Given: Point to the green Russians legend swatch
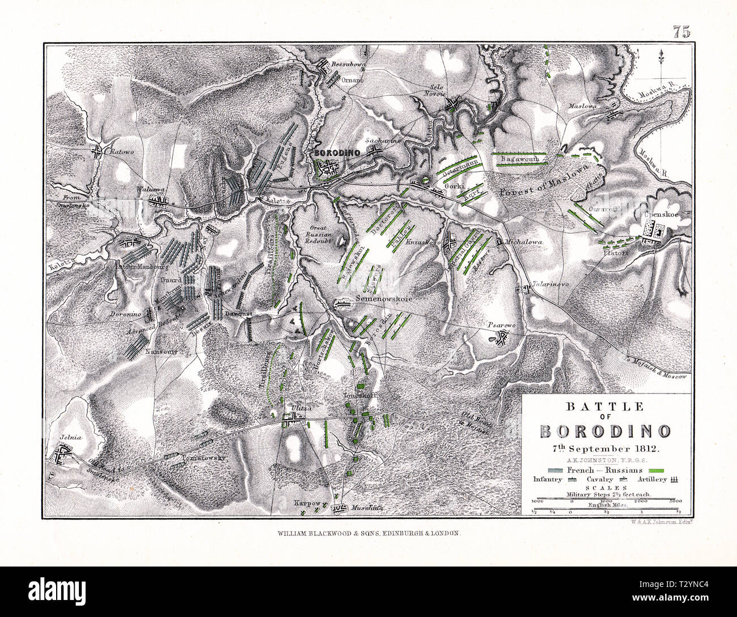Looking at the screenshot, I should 657,471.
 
